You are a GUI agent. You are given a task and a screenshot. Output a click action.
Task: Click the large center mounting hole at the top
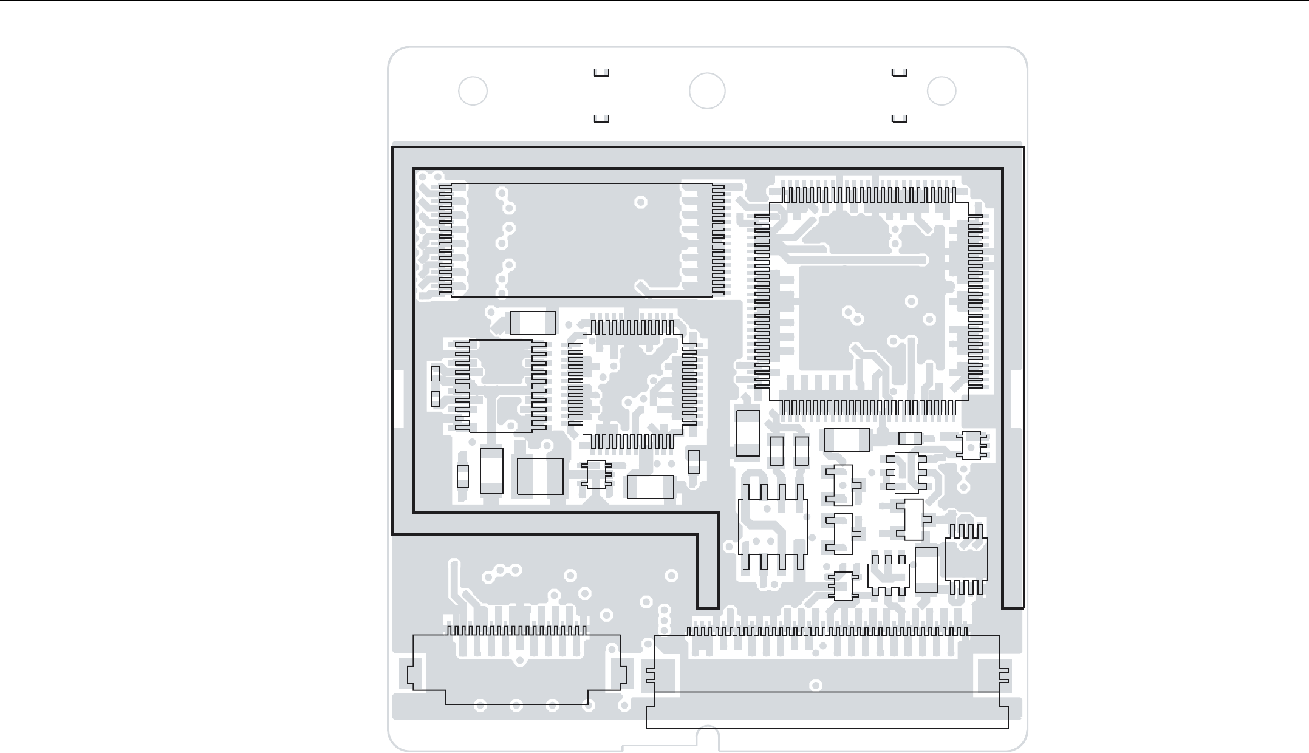pos(707,91)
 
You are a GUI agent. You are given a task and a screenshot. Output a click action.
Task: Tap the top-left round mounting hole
pos(473,91)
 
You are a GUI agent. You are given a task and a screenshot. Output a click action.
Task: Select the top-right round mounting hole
pos(942,91)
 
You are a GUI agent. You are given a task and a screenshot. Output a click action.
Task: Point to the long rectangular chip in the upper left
pos(581,240)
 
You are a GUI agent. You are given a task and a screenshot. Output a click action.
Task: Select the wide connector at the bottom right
pos(826,680)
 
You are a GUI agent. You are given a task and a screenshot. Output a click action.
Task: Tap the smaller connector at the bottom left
pos(516,668)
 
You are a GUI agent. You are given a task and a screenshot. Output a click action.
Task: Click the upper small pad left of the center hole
pos(601,72)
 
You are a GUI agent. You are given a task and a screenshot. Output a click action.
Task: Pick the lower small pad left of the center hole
pos(601,118)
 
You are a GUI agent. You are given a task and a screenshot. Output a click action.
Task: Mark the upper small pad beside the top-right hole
pos(900,72)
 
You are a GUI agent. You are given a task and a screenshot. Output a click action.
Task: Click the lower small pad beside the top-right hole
pos(900,118)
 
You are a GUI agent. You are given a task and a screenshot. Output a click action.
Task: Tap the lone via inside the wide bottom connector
pos(816,686)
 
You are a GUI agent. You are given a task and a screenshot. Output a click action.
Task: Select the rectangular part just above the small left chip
pos(533,322)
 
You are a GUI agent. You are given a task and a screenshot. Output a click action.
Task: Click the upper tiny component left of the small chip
pos(436,373)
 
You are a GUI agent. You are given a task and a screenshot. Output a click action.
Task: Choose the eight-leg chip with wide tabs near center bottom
pos(773,527)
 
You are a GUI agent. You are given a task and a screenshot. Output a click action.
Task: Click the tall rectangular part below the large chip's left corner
pos(748,433)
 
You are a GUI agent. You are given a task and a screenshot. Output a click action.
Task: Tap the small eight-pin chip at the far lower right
pos(966,559)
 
